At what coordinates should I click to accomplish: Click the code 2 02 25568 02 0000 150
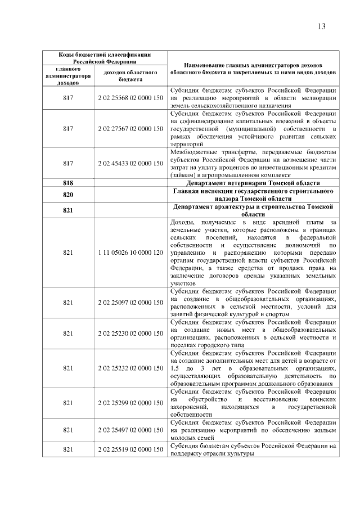pyautogui.click(x=130, y=98)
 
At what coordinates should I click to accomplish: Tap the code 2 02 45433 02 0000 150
pyautogui.click(x=130, y=163)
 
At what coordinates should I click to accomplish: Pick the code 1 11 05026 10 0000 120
pyautogui.click(x=130, y=253)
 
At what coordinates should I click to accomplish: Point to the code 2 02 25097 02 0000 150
pyautogui.click(x=130, y=303)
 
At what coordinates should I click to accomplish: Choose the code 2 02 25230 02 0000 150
pyautogui.click(x=130, y=333)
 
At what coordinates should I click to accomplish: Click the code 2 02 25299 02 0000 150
pyautogui.click(x=130, y=403)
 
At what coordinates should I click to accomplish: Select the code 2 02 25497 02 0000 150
pyautogui.click(x=130, y=430)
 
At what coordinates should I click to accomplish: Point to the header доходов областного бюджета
pyautogui.click(x=130, y=76)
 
